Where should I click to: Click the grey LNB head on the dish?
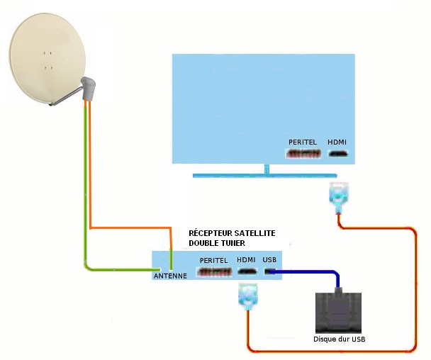point(88,89)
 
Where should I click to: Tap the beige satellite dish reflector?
point(47,58)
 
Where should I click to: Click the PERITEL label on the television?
point(303,142)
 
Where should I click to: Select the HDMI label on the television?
point(337,142)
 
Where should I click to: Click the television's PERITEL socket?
point(303,154)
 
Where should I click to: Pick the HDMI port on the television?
point(338,154)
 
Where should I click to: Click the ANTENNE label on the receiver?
point(170,276)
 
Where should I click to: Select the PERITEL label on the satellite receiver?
point(213,260)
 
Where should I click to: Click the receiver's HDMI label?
point(246,259)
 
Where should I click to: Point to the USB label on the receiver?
point(269,259)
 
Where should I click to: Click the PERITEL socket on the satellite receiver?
point(214,272)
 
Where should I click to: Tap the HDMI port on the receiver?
point(247,272)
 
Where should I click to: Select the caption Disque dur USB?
point(339,339)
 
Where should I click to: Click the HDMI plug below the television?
point(339,197)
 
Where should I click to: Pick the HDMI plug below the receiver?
point(248,297)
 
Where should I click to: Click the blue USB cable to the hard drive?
point(316,272)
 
